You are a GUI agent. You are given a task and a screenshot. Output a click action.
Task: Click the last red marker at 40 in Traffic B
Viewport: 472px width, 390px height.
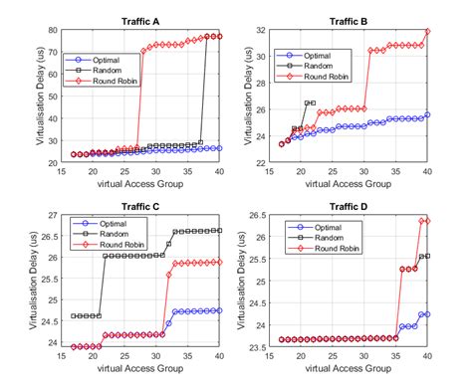point(428,32)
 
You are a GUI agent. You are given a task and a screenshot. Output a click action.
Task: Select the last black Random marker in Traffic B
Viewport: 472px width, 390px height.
point(313,102)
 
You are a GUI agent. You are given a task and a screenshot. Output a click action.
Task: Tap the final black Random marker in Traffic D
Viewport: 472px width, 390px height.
point(428,256)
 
